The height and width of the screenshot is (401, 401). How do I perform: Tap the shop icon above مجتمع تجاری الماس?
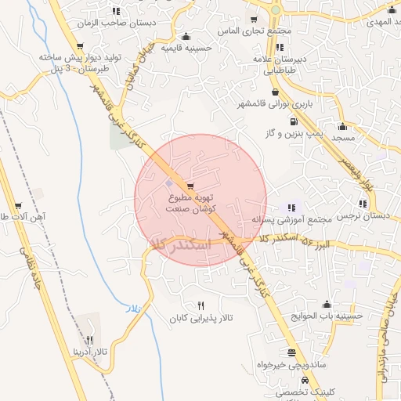[x=254, y=20]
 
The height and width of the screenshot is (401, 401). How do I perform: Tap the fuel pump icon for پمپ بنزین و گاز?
[x=293, y=121]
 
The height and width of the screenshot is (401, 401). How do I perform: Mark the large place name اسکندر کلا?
[x=182, y=245]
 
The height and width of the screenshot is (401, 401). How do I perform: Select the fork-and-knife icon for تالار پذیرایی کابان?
[x=201, y=306]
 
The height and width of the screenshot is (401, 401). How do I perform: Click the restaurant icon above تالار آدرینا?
[x=89, y=341]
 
